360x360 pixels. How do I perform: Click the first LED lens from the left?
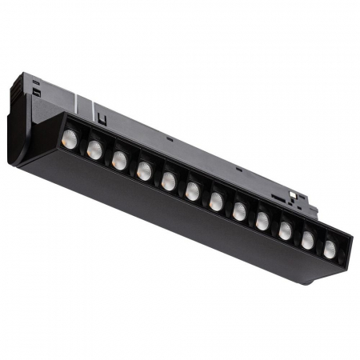(x=70, y=138)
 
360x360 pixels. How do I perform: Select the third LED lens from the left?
(x=119, y=160)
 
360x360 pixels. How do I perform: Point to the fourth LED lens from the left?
(x=144, y=170)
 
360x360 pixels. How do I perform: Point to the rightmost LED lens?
(x=330, y=250)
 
